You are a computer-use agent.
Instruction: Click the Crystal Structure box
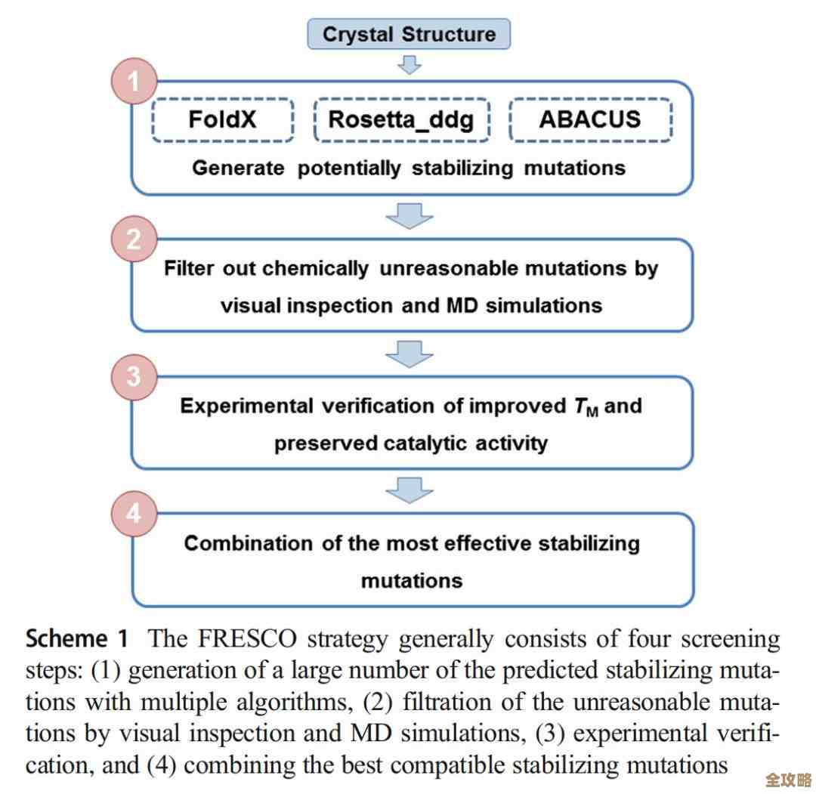pyautogui.click(x=409, y=35)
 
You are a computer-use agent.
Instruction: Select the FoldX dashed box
pyautogui.click(x=224, y=119)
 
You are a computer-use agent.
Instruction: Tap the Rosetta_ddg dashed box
pyautogui.click(x=401, y=119)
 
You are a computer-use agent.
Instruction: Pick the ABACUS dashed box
pyautogui.click(x=589, y=119)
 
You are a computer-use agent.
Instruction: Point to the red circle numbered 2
pyautogui.click(x=134, y=239)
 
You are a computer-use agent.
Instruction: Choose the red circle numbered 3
pyautogui.click(x=134, y=376)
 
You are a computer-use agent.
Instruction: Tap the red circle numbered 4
pyautogui.click(x=134, y=514)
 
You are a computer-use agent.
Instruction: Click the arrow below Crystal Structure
pyautogui.click(x=409, y=64)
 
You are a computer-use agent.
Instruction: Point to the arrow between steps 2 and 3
pyautogui.click(x=409, y=353)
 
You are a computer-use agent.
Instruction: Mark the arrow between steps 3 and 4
pyautogui.click(x=409, y=490)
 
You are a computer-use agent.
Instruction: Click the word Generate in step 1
pyautogui.click(x=237, y=168)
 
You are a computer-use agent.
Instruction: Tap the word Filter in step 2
pyautogui.click(x=189, y=269)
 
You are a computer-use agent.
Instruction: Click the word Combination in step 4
pyautogui.click(x=249, y=544)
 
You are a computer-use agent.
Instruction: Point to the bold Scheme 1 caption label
pyautogui.click(x=77, y=639)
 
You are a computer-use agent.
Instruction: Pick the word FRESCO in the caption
pyautogui.click(x=246, y=640)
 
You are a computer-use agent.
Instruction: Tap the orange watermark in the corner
pyautogui.click(x=787, y=780)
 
